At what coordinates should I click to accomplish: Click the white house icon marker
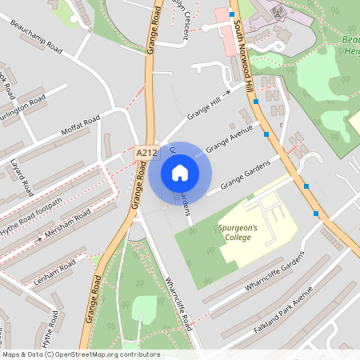pos(180,172)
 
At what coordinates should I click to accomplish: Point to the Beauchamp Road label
pos(37,37)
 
